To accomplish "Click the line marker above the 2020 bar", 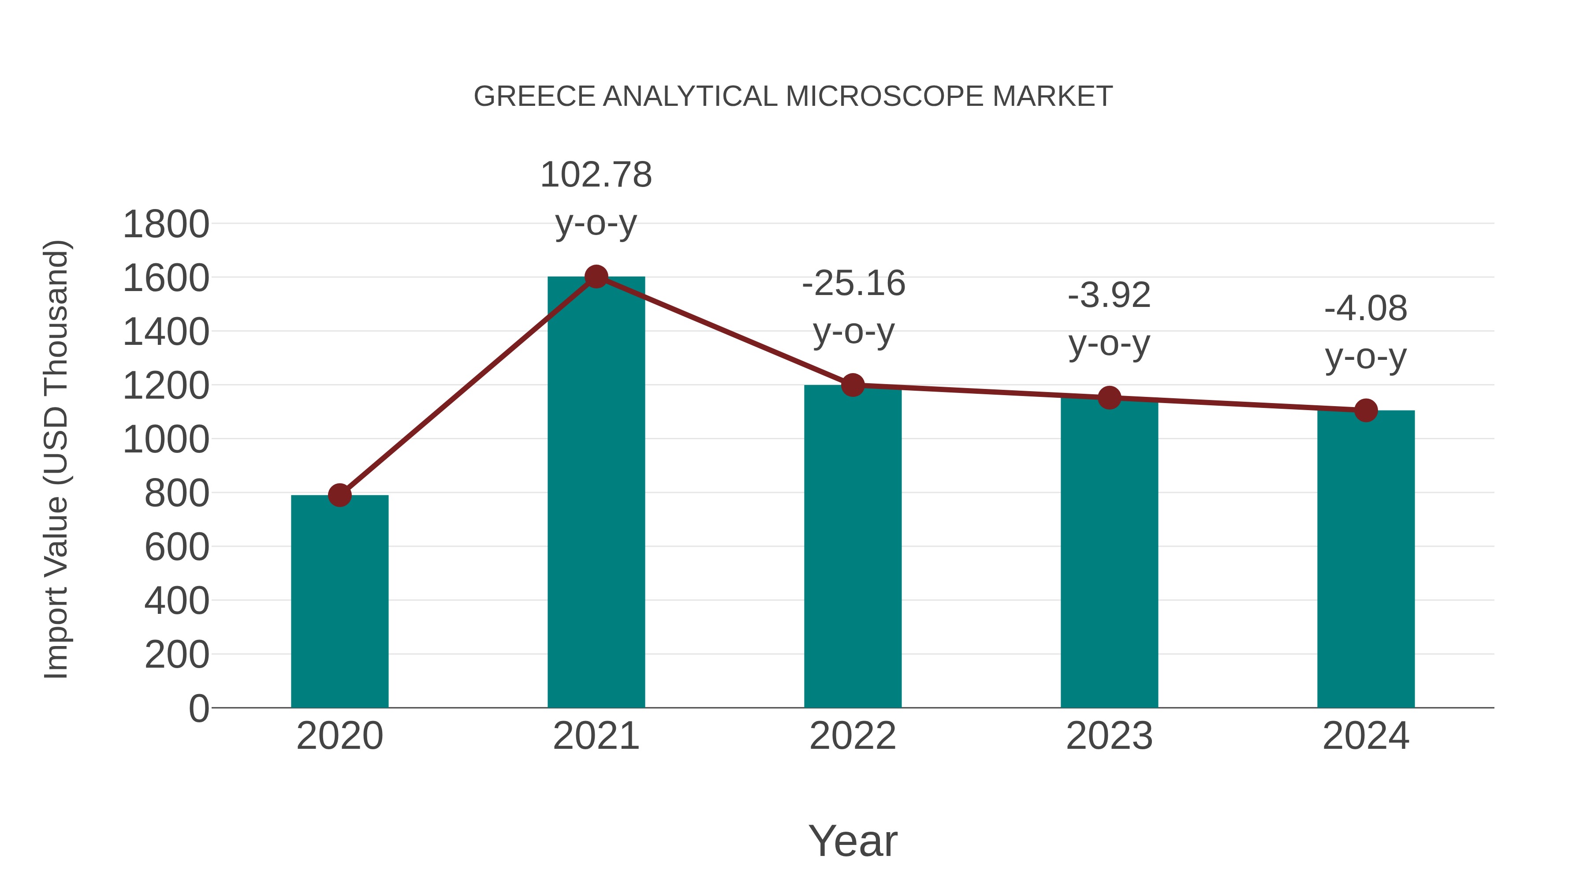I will pos(339,495).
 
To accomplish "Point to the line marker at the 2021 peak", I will pos(596,276).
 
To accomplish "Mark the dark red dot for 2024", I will pos(1366,410).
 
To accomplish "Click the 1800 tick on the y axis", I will pos(166,224).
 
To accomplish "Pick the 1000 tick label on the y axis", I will pos(166,440).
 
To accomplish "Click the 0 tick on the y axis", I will pos(198,709).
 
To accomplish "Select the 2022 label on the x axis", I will pos(853,736).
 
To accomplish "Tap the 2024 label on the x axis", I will pos(1366,736).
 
